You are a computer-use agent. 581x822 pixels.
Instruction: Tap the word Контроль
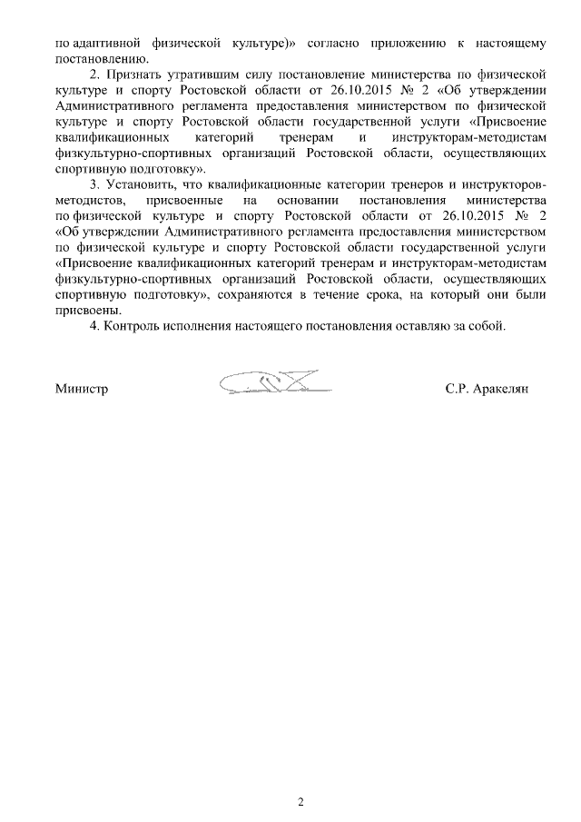pos(133,326)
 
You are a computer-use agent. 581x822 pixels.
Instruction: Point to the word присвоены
pos(83,310)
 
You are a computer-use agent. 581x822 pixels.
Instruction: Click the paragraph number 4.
pos(94,326)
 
